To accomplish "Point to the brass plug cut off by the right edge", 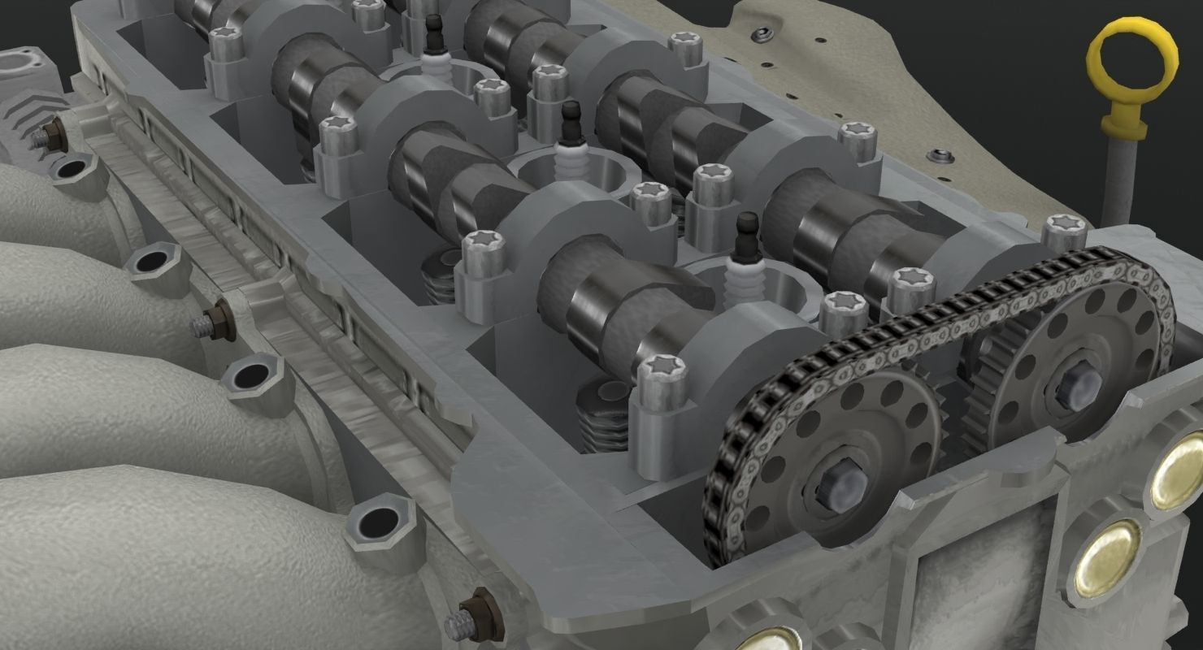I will [1179, 471].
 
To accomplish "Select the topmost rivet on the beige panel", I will [762, 36].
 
